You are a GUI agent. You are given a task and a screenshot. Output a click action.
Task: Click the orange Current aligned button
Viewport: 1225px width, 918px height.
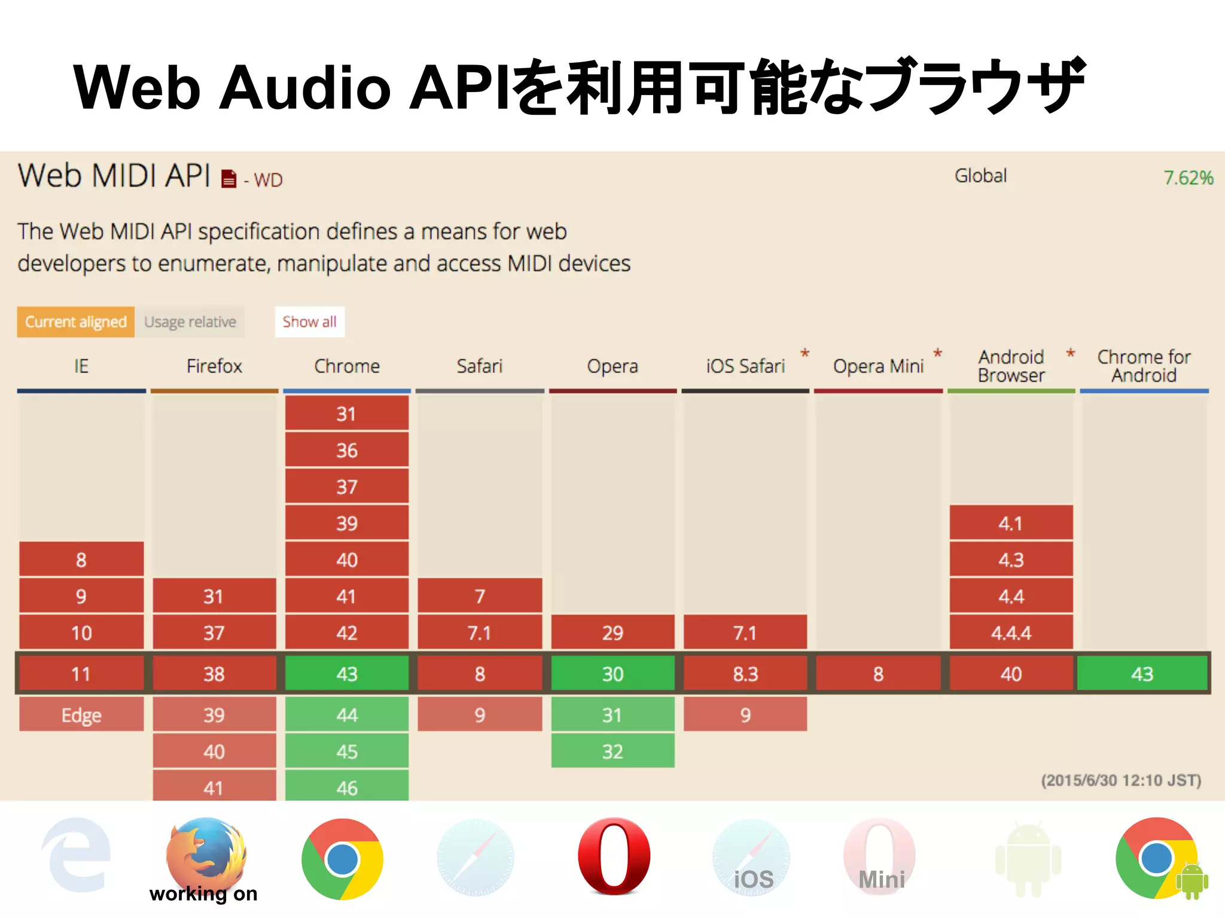(75, 322)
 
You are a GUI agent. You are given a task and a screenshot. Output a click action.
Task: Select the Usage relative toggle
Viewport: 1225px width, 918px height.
(190, 322)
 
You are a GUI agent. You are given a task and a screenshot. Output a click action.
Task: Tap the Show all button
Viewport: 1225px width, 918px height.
(309, 322)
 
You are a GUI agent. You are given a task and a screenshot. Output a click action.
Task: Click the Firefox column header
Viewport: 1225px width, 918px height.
(214, 366)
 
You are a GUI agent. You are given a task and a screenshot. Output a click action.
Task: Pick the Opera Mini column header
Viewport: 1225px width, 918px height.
(878, 366)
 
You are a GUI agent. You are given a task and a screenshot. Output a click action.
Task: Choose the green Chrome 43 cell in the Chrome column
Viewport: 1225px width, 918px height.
(347, 674)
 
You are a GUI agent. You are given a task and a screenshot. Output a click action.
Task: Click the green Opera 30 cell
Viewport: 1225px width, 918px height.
(612, 674)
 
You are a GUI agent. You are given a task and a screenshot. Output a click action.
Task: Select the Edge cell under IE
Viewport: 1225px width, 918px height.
(81, 715)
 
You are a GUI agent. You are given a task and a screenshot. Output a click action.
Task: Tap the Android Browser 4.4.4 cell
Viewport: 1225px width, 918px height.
(1011, 633)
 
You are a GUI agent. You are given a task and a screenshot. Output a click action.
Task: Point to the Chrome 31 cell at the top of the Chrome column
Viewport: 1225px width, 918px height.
(347, 414)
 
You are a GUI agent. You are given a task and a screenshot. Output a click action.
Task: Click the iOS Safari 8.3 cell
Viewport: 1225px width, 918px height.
(745, 674)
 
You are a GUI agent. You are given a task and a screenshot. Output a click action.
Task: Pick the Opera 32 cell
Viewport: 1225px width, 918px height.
(612, 751)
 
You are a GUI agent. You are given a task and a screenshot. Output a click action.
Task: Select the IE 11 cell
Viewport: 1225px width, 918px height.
(81, 674)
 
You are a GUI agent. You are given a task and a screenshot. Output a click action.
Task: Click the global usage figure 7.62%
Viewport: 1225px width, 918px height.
(1188, 178)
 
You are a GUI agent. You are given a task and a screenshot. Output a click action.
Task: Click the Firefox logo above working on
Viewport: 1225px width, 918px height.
(206, 852)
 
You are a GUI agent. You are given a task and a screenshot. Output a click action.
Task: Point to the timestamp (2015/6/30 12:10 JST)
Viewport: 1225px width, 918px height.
(1121, 781)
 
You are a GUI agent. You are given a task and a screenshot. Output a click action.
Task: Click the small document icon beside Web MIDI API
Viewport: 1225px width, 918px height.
(228, 179)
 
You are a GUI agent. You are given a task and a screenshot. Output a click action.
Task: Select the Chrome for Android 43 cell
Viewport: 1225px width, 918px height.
(1142, 674)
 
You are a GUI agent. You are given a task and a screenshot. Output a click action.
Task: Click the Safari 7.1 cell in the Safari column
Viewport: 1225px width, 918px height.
(480, 633)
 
